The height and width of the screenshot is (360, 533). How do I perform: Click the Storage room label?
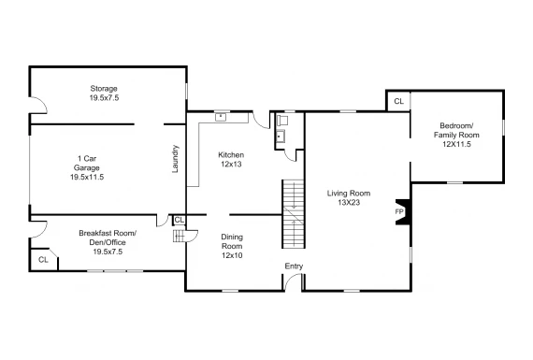[x=104, y=94]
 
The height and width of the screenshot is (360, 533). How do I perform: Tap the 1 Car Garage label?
[x=87, y=167]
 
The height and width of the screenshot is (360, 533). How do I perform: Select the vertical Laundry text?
[x=175, y=159]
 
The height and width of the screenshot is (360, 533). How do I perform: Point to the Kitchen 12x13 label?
[x=231, y=160]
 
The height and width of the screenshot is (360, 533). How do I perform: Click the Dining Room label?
[x=232, y=246]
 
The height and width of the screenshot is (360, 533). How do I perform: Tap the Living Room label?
[x=349, y=198]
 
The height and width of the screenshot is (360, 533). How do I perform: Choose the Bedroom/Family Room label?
[x=456, y=135]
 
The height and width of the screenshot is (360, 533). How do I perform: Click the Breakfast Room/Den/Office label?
[x=108, y=242]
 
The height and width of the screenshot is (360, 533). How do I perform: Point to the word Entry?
[x=294, y=266]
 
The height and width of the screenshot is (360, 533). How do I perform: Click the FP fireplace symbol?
[x=402, y=211]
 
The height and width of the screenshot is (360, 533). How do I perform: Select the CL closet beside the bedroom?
[x=398, y=101]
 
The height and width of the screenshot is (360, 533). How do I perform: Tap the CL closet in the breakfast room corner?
[x=44, y=260]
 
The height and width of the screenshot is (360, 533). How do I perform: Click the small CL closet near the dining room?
[x=180, y=220]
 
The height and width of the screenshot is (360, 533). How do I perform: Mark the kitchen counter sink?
[x=221, y=117]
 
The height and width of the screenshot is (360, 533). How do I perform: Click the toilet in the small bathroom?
[x=282, y=121]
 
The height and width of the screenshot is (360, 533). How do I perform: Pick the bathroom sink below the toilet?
[x=281, y=137]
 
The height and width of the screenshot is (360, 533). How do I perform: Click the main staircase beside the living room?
[x=293, y=214]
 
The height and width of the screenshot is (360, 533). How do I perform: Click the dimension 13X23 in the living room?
[x=349, y=203]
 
